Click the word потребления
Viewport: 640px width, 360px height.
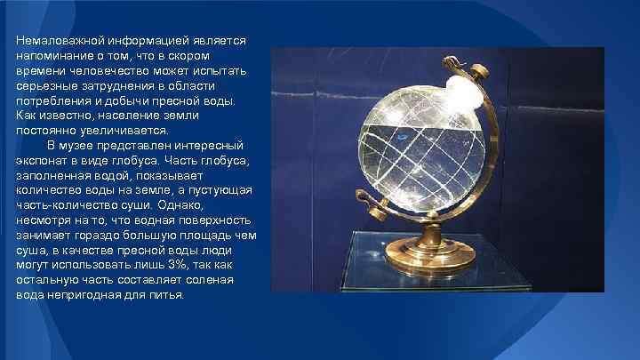coord(53,101)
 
